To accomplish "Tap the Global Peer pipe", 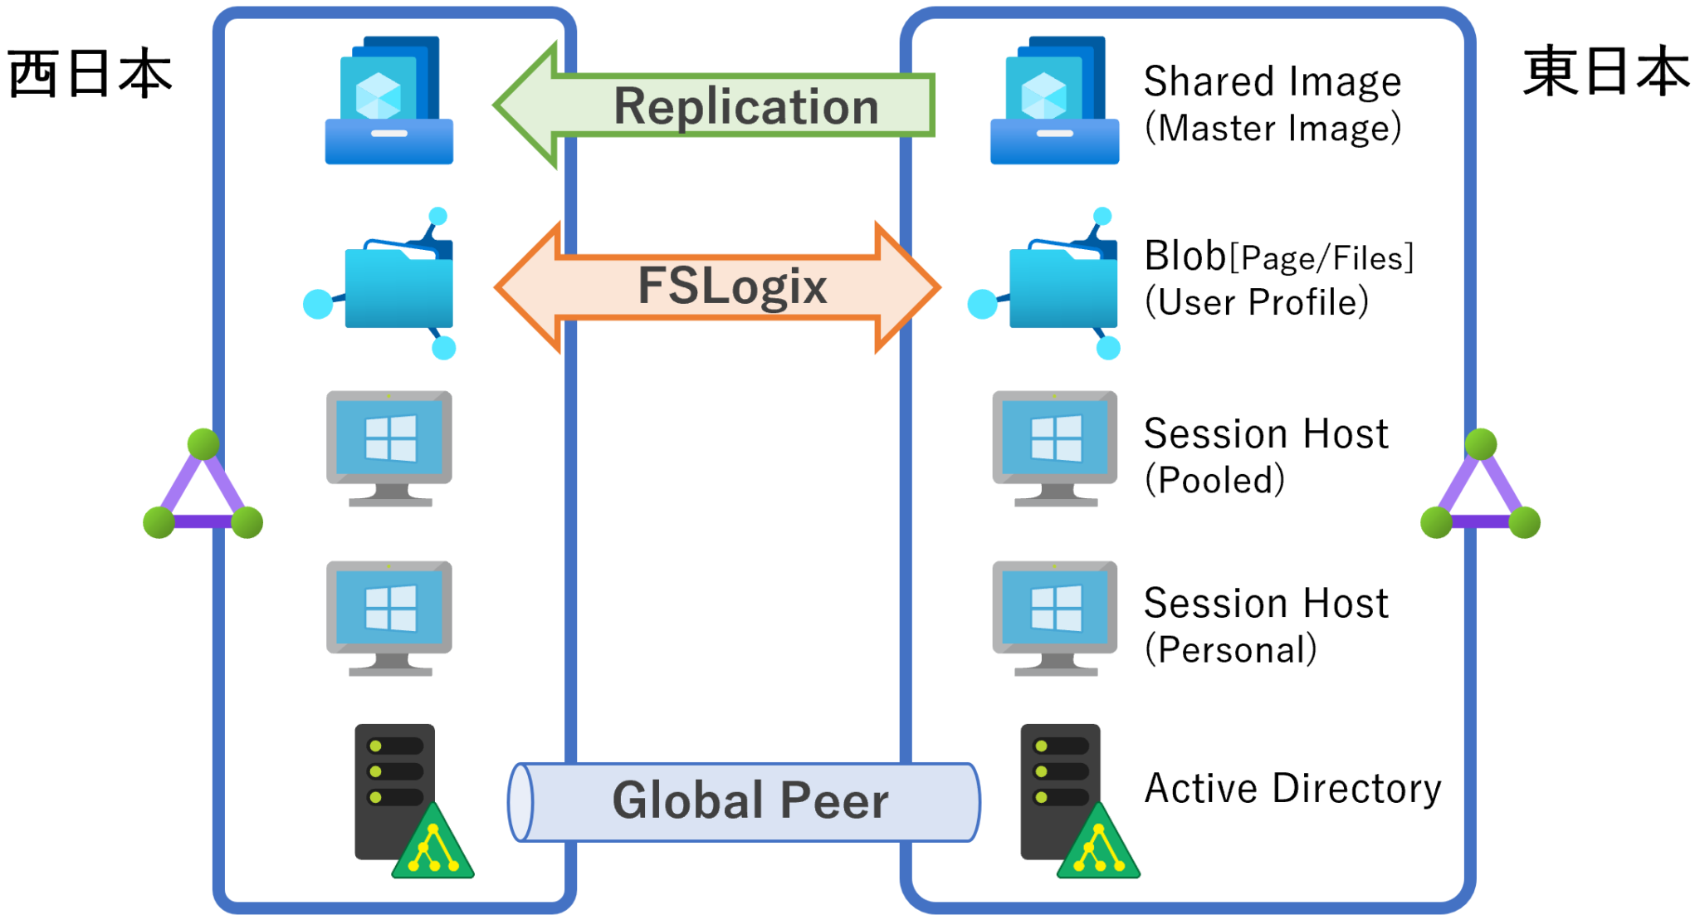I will point(745,801).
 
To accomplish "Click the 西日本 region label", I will point(90,73).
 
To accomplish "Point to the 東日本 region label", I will point(1606,72).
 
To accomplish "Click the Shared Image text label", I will point(1272,81).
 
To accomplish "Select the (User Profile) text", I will point(1256,302).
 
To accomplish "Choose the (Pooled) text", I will point(1214,480).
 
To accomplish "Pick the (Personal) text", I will point(1230,649).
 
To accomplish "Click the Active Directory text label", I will point(1292,788).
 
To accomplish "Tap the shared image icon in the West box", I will point(388,100).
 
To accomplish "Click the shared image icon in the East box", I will point(1054,100).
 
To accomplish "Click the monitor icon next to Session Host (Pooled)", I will point(1054,448).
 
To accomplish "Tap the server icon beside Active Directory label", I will point(1075,800).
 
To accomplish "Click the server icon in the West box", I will point(410,800).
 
